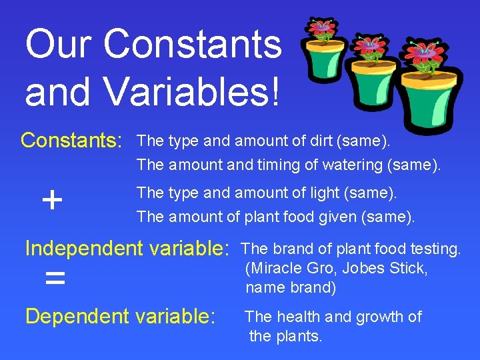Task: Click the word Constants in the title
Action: point(193,44)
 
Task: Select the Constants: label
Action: point(72,141)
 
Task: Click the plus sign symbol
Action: point(52,199)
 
